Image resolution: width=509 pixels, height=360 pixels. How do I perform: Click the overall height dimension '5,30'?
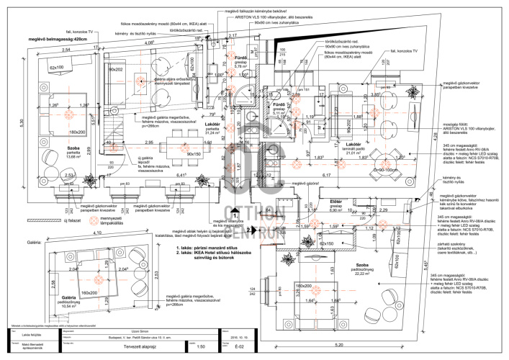click(x=22, y=123)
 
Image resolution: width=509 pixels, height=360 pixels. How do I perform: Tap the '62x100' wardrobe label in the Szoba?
click(x=57, y=68)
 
